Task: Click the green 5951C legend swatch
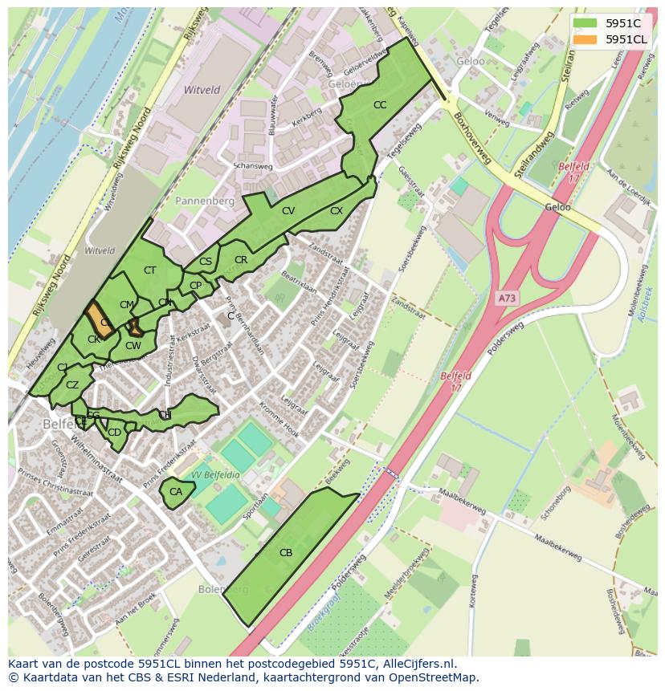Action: [x=585, y=23]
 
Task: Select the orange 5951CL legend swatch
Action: [x=585, y=39]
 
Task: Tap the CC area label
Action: [x=380, y=105]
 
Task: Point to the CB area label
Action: [x=286, y=552]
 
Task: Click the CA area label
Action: [x=176, y=492]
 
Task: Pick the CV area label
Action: [x=288, y=211]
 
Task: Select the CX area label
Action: [x=337, y=211]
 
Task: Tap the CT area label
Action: [x=149, y=270]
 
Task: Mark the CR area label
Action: [x=241, y=260]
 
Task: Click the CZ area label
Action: [x=72, y=385]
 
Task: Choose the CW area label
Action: [x=133, y=346]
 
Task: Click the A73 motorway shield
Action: [x=506, y=298]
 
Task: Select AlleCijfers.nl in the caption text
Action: [x=416, y=664]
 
